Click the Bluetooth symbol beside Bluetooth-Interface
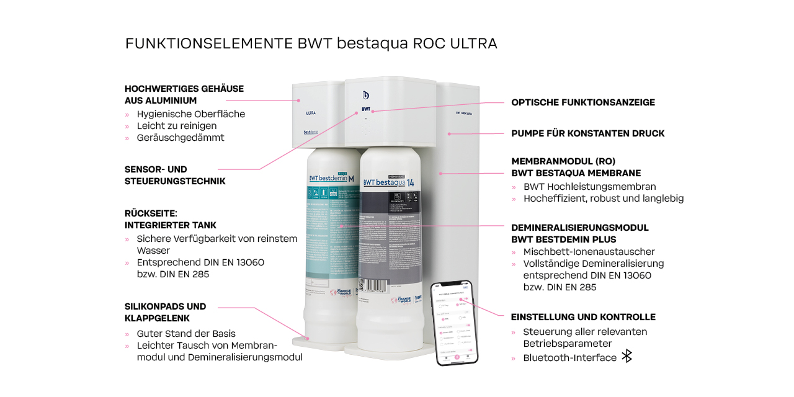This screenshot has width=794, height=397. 627,356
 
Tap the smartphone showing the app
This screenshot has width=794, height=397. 453,323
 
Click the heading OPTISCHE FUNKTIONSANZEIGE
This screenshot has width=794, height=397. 582,102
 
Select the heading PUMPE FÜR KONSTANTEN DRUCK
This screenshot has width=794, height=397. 587,133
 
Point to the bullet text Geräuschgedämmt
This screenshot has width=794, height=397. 181,138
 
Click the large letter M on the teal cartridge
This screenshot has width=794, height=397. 351,179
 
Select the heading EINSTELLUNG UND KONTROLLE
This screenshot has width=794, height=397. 583,317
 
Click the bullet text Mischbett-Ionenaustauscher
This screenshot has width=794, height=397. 589,252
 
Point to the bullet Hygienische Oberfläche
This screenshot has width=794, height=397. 190,114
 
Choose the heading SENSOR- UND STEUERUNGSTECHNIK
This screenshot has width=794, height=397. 175,175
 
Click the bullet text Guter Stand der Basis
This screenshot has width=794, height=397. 186,334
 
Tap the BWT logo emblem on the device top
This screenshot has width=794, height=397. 366,95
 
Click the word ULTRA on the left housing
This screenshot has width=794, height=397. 311,113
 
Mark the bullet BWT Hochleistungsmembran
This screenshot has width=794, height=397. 589,187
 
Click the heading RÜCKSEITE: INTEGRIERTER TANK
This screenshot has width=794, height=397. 171,219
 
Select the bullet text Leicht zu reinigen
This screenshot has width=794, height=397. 177,126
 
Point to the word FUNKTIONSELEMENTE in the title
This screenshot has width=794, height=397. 209,43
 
